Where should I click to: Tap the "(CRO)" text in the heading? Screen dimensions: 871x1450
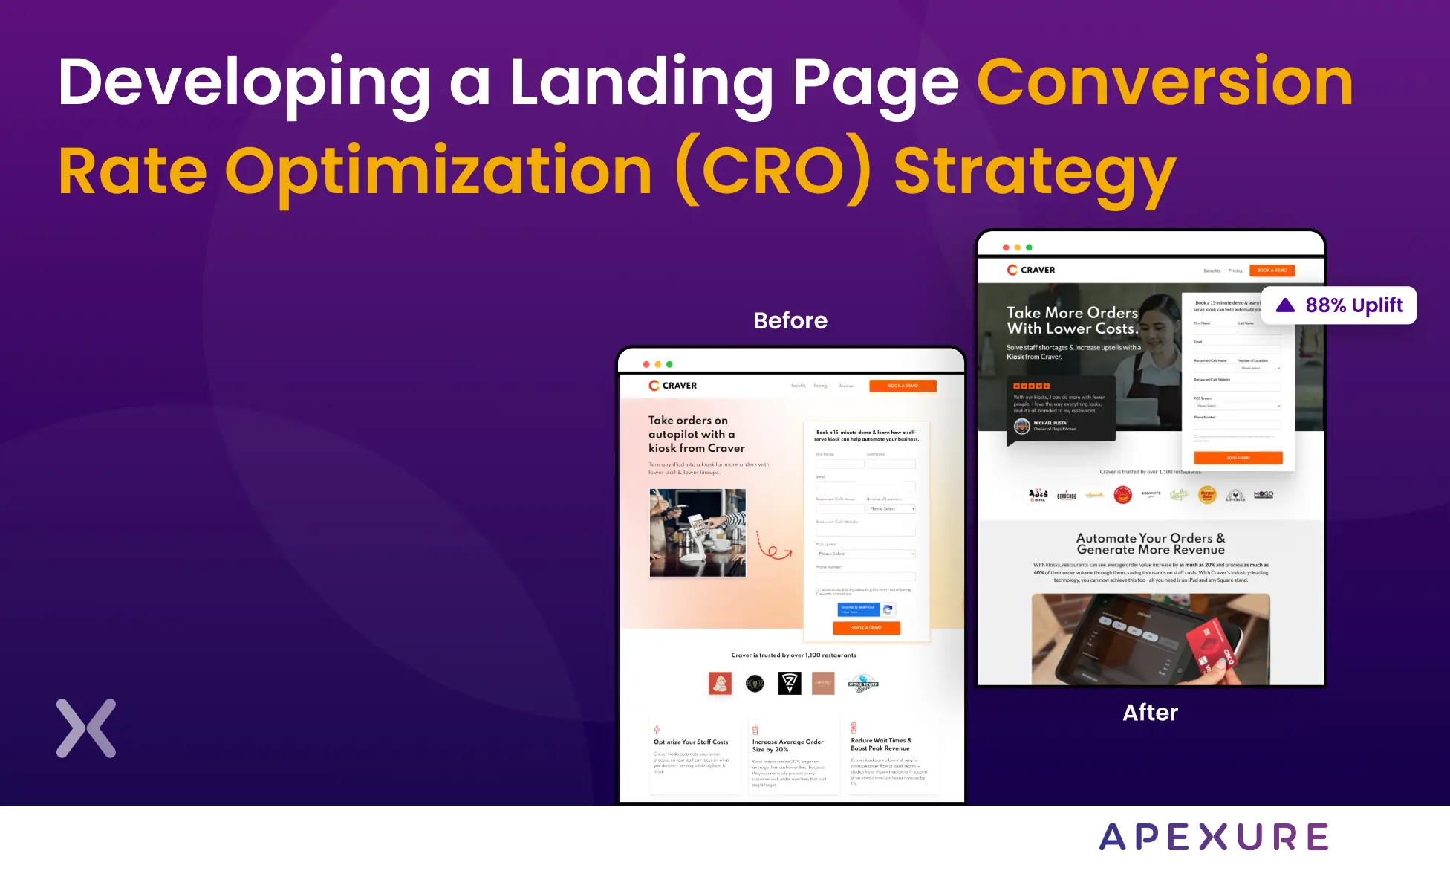773,172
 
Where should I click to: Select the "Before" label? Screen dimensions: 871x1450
790,320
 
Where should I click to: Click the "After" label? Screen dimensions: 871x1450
1150,712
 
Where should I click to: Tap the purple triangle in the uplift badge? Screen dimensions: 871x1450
1285,305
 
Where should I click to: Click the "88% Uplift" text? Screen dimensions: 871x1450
1354,305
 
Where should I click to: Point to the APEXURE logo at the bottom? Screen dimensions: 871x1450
1214,838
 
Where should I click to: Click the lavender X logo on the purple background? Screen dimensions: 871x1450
86,728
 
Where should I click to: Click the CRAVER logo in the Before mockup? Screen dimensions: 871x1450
672,386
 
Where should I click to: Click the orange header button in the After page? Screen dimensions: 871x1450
1272,271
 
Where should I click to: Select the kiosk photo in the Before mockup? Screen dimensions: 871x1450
698,532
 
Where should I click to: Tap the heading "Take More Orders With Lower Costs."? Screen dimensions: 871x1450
1072,320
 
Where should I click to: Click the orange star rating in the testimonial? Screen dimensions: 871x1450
1032,386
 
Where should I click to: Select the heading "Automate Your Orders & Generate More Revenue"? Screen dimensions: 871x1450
1151,544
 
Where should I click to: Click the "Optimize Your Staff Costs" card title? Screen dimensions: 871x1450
691,742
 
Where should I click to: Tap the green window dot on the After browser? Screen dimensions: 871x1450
1029,247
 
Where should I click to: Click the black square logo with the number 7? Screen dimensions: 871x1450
790,683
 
